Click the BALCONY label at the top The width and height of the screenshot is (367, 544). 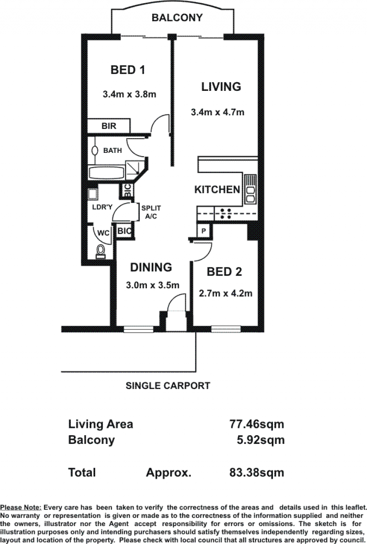pos(177,18)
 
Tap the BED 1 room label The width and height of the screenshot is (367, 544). pos(128,70)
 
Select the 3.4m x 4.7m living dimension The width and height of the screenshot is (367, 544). pos(217,112)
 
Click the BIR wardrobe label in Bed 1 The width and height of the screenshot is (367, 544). pos(109,126)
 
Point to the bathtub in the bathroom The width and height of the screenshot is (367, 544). pos(106,173)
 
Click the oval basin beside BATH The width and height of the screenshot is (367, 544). pos(95,151)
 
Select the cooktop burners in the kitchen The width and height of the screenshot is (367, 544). pos(225,213)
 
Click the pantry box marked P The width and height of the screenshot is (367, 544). pos(203,230)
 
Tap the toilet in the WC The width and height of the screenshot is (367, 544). pos(100,251)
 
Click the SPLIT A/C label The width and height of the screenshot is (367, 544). pos(151,213)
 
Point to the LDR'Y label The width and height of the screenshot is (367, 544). pos(102,207)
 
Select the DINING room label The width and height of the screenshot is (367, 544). pos(151,267)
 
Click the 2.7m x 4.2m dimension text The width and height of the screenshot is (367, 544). pos(225,293)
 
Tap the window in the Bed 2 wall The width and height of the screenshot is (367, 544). pos(226,328)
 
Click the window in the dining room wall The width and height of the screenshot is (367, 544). pos(138,329)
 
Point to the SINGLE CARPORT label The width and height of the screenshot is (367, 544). pos(168,386)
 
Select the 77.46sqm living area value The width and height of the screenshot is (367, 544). pos(257,424)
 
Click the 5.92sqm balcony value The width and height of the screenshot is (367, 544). pos(261,440)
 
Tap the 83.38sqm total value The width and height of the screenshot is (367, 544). pos(257,472)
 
